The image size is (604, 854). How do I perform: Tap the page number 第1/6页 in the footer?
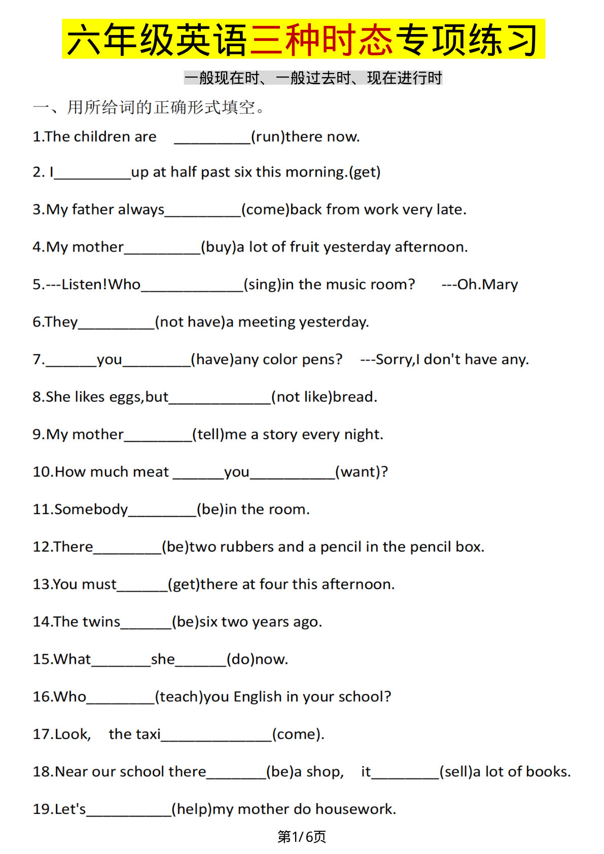(302, 836)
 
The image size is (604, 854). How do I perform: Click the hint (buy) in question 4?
(219, 247)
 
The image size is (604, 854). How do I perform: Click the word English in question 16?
(258, 697)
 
